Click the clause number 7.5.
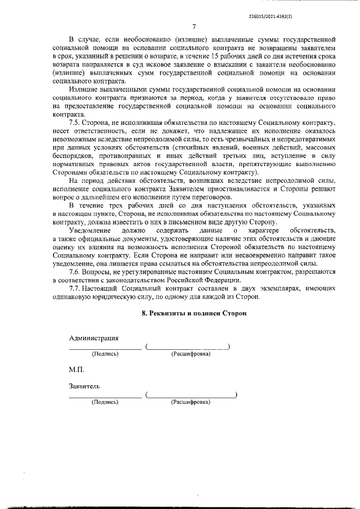[x=74, y=137]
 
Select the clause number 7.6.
[x=74, y=272]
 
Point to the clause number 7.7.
[x=74, y=288]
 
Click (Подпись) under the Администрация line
[x=105, y=354]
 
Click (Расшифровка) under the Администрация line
[x=191, y=354]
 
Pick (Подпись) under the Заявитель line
[x=105, y=403]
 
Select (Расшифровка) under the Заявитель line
[x=191, y=403]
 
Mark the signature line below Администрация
[x=105, y=349]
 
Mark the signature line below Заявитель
[x=105, y=397]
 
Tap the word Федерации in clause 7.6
[x=222, y=280]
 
